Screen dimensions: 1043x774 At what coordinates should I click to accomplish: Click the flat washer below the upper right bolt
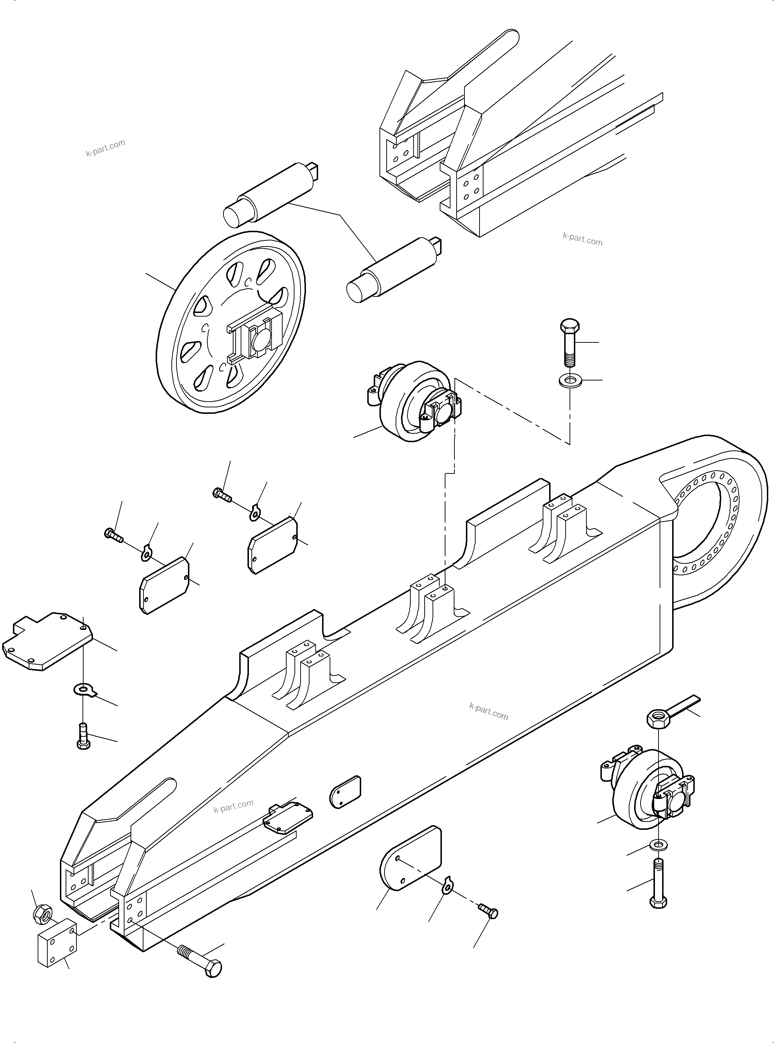[x=570, y=379]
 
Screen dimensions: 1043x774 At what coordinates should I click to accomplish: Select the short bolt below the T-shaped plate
[x=82, y=736]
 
